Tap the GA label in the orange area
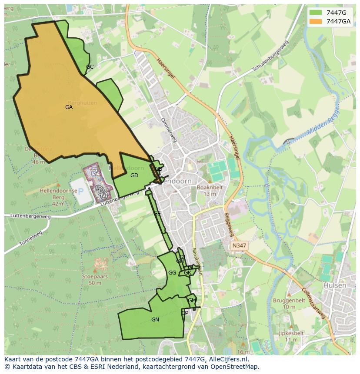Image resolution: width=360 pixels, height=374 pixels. click(x=69, y=107)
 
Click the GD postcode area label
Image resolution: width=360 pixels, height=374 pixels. click(x=134, y=175)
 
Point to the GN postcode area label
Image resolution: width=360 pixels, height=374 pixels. click(x=155, y=320)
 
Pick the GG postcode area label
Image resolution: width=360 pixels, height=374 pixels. click(x=172, y=273)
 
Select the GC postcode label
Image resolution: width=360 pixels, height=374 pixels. click(x=90, y=67)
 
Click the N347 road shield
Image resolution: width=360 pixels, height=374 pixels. click(x=239, y=245)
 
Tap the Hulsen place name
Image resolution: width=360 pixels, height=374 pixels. click(x=335, y=285)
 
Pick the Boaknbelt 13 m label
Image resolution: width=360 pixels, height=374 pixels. click(x=210, y=191)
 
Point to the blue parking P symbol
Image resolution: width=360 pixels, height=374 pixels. click(x=80, y=192)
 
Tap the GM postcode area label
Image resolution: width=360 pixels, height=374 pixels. click(x=192, y=301)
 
